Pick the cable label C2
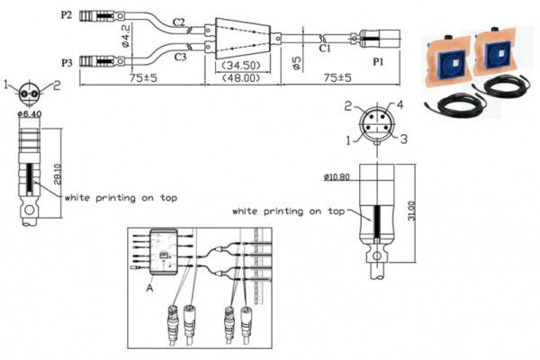tap(178, 21)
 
